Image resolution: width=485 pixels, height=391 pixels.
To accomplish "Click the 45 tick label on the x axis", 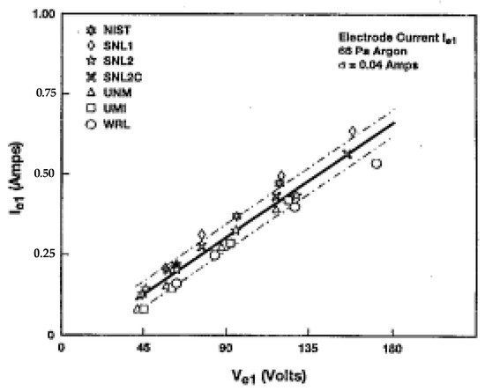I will [x=143, y=348].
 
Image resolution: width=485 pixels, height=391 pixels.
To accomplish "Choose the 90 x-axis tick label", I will [x=225, y=348].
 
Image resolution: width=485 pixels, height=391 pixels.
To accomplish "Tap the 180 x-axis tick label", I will [x=392, y=348].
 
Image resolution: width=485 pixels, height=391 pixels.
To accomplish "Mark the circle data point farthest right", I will [x=377, y=164].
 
